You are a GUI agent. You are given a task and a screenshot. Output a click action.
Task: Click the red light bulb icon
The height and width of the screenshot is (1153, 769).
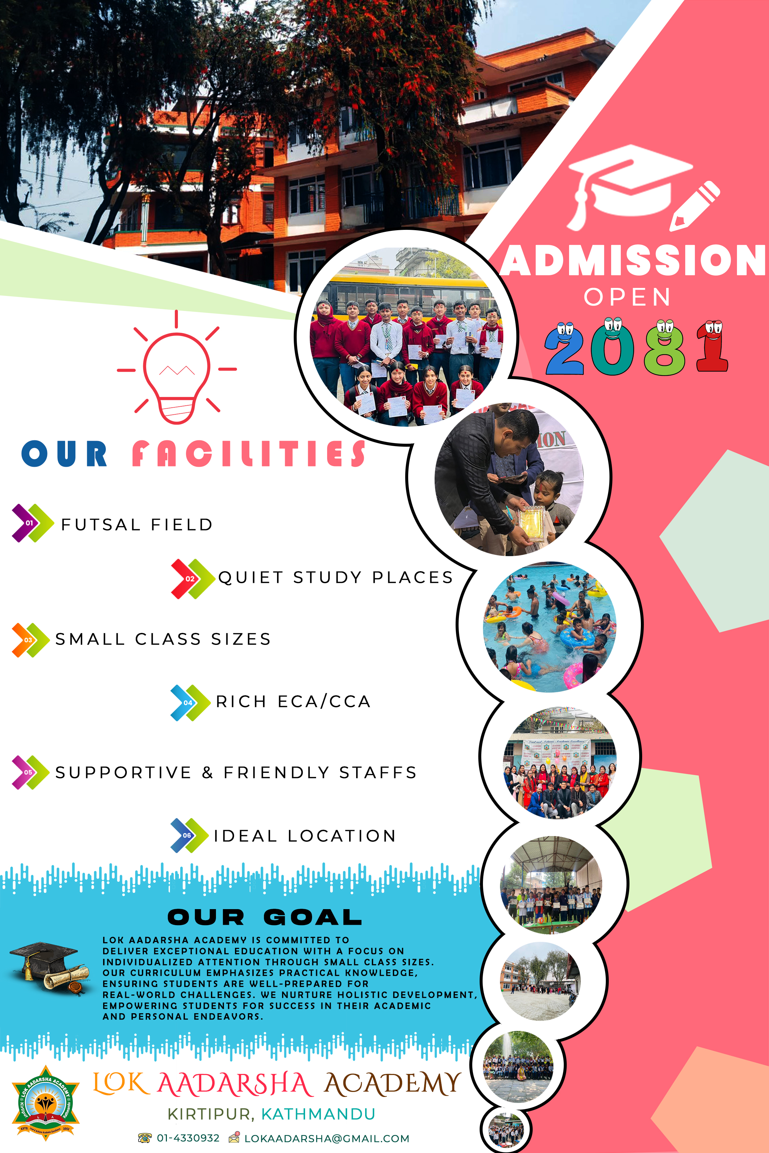(177, 368)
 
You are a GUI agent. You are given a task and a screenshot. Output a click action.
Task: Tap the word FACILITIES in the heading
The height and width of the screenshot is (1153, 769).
(249, 453)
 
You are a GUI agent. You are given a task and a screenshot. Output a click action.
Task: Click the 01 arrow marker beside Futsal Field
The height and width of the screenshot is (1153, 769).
(32, 523)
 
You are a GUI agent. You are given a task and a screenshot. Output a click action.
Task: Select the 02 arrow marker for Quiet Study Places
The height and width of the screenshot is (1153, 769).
(193, 579)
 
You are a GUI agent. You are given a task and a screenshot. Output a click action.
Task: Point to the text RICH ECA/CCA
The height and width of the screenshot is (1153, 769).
(293, 702)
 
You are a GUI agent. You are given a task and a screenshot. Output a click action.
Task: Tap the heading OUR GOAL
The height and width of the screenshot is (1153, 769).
(265, 917)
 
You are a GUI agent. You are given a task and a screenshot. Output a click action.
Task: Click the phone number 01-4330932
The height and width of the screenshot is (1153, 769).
(188, 1138)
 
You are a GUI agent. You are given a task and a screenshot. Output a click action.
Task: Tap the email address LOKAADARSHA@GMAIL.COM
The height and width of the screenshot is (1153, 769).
(327, 1138)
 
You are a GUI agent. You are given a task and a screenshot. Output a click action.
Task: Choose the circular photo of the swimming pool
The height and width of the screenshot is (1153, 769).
(550, 627)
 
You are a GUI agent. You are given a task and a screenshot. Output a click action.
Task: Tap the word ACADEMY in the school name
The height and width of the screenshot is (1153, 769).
(393, 1084)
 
